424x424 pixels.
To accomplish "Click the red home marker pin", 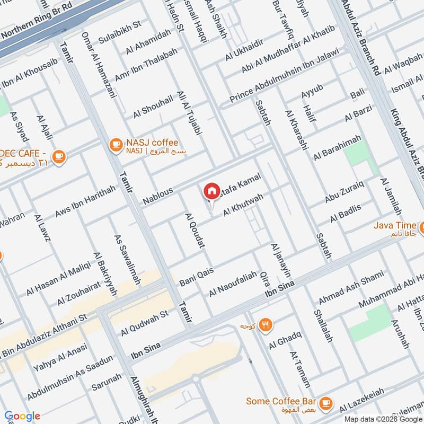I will pos(211,191).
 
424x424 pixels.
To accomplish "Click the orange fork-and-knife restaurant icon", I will pos(266,324).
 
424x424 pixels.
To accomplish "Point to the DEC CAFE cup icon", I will pos(59,156).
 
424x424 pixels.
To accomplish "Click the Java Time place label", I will pos(394,225).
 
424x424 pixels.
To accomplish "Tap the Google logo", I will pos(22,416).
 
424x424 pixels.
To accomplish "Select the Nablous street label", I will pos(157,197).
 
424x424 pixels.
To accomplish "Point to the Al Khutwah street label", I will pos(243,204).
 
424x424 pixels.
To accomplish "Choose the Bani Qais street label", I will pos(197,275).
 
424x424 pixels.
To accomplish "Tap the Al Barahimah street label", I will pos(337,147).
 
